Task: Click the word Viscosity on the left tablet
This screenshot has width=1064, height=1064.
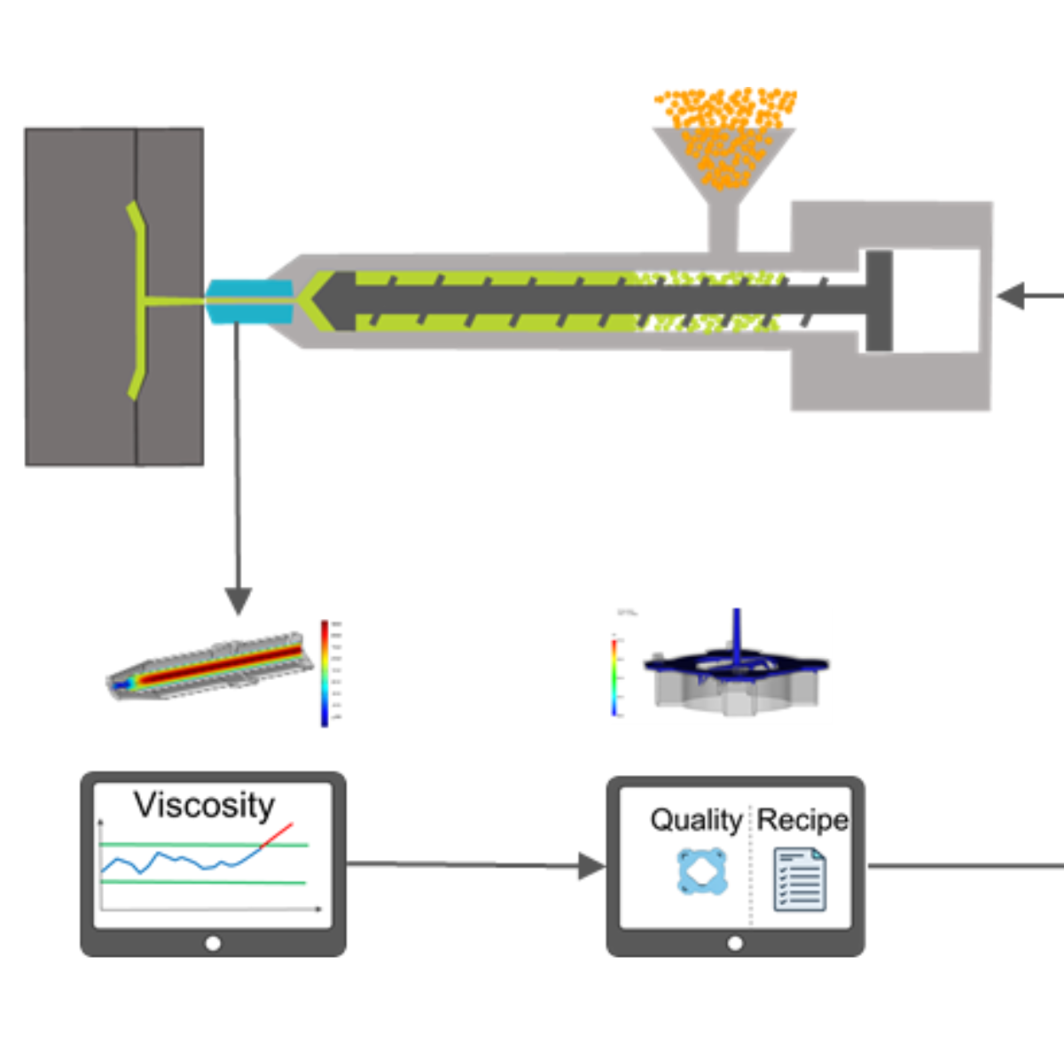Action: tap(204, 805)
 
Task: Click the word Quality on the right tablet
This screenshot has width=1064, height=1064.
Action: tap(696, 820)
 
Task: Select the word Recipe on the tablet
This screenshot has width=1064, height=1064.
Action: tap(802, 820)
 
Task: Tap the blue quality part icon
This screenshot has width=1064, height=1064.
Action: tap(702, 872)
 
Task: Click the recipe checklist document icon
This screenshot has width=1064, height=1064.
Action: tap(800, 879)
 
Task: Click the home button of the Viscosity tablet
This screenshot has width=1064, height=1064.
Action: tap(213, 943)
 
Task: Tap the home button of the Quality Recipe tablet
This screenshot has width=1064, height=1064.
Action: tap(735, 943)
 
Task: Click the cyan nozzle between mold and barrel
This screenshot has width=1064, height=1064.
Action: tap(249, 301)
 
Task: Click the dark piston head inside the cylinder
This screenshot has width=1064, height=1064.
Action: tap(879, 301)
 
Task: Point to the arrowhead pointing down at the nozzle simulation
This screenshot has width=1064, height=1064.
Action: tap(238, 601)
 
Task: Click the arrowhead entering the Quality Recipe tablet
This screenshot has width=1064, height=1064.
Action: tap(591, 866)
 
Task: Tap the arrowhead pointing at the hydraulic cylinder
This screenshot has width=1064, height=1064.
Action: tap(1011, 296)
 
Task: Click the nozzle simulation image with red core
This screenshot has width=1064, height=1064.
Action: tap(213, 667)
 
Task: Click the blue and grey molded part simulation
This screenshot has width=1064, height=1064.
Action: tap(736, 674)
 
